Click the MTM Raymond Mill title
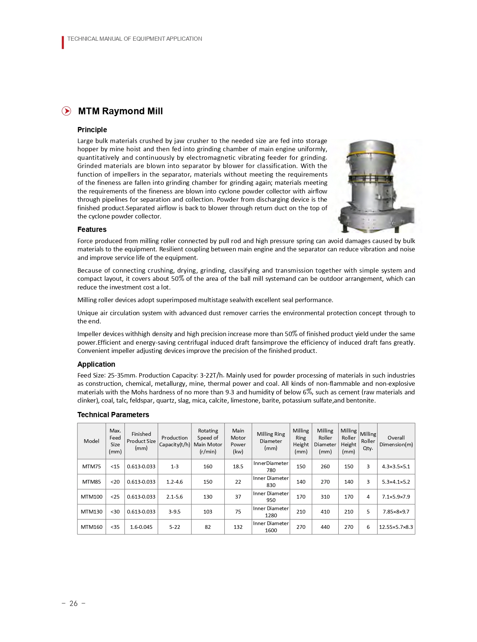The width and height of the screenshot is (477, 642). pyautogui.click(x=120, y=111)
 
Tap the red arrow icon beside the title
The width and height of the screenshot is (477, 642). pyautogui.click(x=66, y=111)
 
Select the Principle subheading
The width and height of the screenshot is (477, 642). pyautogui.click(x=92, y=130)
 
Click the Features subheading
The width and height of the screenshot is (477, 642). pyautogui.click(x=92, y=229)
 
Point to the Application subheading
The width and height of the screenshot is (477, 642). pyautogui.click(x=96, y=364)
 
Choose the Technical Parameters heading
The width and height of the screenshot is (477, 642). pyautogui.click(x=113, y=415)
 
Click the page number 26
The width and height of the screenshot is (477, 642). pyautogui.click(x=74, y=603)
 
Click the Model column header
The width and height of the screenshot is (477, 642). pyautogui.click(x=91, y=441)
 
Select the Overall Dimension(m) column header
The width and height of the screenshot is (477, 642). pyautogui.click(x=396, y=441)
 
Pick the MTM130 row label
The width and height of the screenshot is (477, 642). pyautogui.click(x=91, y=512)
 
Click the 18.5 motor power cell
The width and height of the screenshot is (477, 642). pyautogui.click(x=238, y=466)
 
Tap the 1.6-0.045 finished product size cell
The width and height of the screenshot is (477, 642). pyautogui.click(x=141, y=527)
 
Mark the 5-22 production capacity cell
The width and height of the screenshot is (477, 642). pyautogui.click(x=175, y=527)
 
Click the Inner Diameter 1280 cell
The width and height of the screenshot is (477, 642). pyautogui.click(x=271, y=512)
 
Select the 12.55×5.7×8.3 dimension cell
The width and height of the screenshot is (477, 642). pyautogui.click(x=396, y=527)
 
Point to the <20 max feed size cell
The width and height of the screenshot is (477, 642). pyautogui.click(x=115, y=482)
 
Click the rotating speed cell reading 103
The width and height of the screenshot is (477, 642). pyautogui.click(x=207, y=512)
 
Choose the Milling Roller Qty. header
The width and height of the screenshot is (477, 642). pyautogui.click(x=368, y=441)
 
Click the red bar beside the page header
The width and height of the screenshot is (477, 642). pyautogui.click(x=63, y=43)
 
